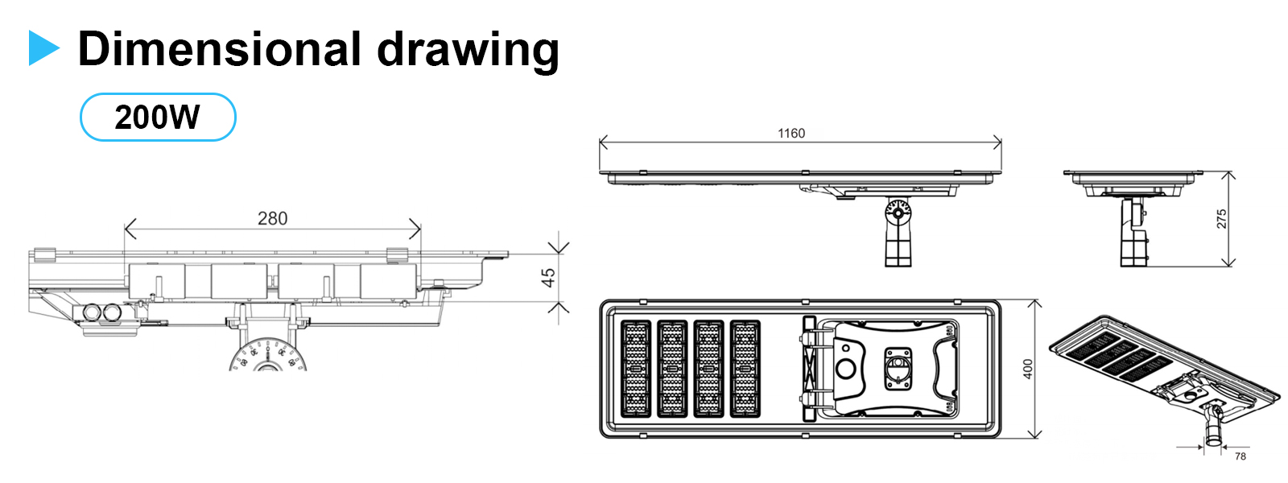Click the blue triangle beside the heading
coord(43,48)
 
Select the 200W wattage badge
coord(158,118)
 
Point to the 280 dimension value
coord(272,218)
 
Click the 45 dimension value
coord(548,278)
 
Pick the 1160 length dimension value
coord(791,134)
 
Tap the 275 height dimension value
coord(1221,219)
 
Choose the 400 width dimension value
coord(1027,369)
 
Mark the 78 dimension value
coord(1240,456)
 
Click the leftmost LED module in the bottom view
coord(635,369)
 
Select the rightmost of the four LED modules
coord(745,369)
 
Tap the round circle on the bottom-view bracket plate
coord(845,369)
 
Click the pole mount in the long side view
coord(898,233)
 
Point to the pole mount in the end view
coord(1133,233)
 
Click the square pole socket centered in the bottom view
coord(898,367)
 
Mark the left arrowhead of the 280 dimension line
coord(127,229)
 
